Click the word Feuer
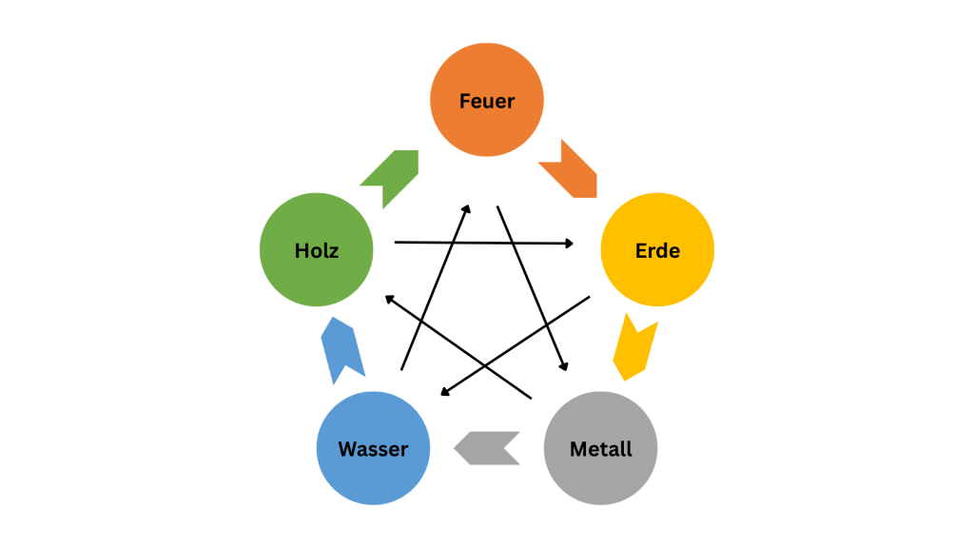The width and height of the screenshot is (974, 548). point(486,101)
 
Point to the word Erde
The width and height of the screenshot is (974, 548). point(657,252)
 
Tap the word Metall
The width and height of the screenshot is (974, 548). point(600,449)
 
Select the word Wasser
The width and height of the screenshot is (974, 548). point(373,449)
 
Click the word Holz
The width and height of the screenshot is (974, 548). point(317,251)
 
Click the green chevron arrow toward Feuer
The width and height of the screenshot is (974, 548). point(391,174)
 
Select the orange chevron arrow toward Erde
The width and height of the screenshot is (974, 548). point(570,169)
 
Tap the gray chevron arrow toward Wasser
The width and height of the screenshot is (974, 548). point(488,447)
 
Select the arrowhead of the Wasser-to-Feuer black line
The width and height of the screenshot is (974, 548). point(466,206)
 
